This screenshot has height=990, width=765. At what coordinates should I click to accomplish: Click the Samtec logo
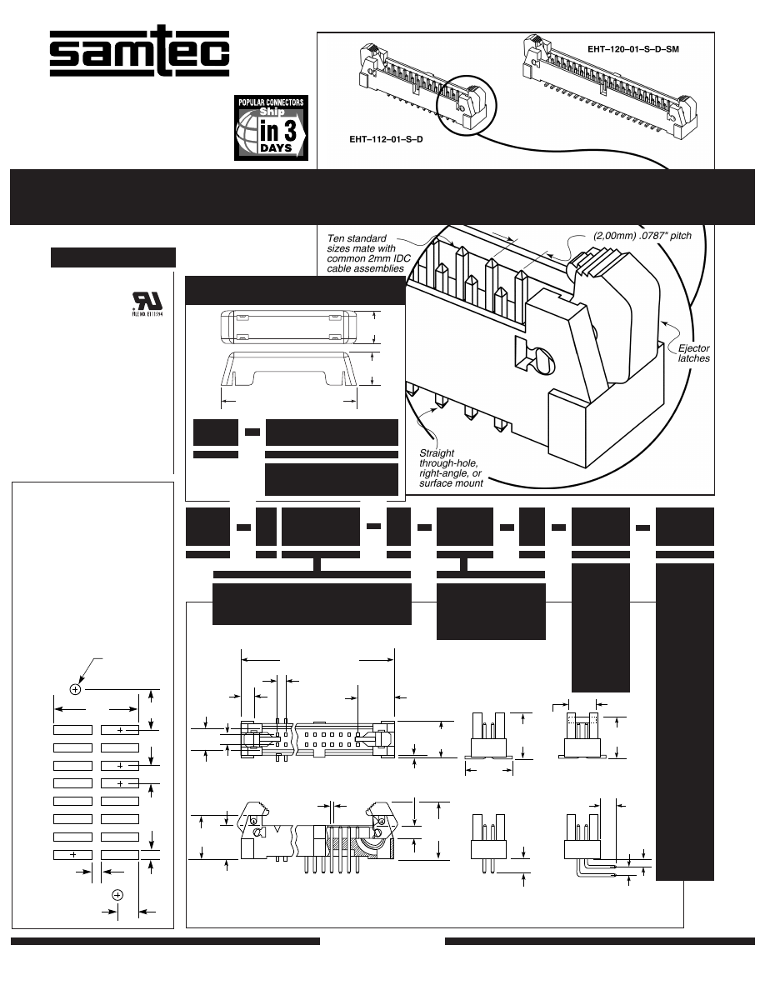[138, 52]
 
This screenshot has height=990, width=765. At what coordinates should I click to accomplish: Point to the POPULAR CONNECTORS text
[271, 102]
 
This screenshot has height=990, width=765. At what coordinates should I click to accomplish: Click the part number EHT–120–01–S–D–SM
[633, 49]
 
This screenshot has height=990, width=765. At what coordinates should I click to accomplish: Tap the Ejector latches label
[693, 353]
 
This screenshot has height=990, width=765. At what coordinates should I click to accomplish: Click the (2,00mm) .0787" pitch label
[642, 236]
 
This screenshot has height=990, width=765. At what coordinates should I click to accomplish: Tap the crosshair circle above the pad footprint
[75, 689]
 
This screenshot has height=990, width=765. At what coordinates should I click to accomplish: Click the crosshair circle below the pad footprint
[117, 894]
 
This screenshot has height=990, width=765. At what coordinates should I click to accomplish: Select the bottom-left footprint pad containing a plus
[73, 854]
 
